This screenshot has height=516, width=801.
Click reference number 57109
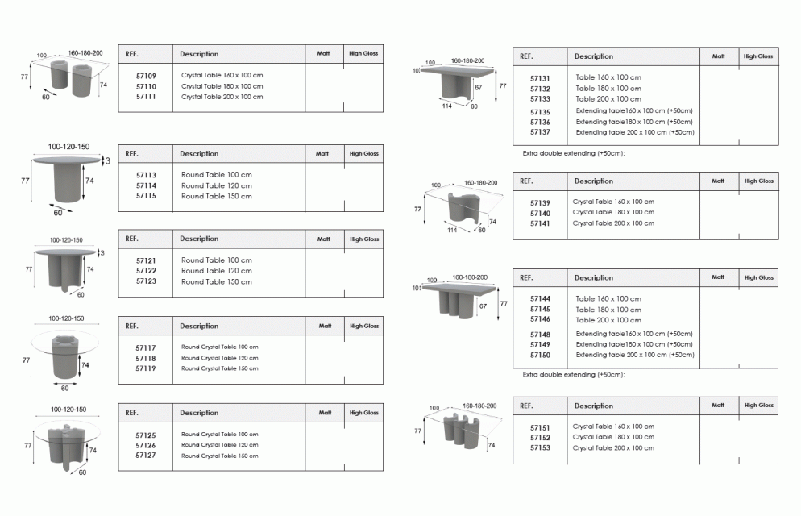point(146,76)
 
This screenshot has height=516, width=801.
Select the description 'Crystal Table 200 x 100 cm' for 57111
point(222,97)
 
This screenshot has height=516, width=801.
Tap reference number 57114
point(146,185)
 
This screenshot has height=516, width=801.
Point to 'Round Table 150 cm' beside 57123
point(217,281)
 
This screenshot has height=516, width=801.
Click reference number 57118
point(146,358)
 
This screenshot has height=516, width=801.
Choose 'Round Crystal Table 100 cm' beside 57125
point(220,435)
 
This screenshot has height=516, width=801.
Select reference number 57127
point(146,456)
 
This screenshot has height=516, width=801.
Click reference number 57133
point(540,99)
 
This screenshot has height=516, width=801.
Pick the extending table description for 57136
point(634,122)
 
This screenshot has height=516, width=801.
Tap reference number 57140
point(540,214)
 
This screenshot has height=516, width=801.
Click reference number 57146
point(540,319)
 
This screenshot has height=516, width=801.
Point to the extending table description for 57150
point(635,355)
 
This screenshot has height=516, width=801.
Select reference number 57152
point(540,438)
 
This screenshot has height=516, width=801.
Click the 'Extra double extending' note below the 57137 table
point(574,153)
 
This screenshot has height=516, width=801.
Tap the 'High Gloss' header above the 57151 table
point(759,405)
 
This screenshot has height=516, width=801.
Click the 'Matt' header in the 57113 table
point(322,153)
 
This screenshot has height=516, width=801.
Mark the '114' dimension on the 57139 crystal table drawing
point(452,230)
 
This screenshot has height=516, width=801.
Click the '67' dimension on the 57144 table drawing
point(484,306)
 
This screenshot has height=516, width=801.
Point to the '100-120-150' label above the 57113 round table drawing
point(68,147)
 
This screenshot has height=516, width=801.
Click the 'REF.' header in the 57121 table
point(132,239)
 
